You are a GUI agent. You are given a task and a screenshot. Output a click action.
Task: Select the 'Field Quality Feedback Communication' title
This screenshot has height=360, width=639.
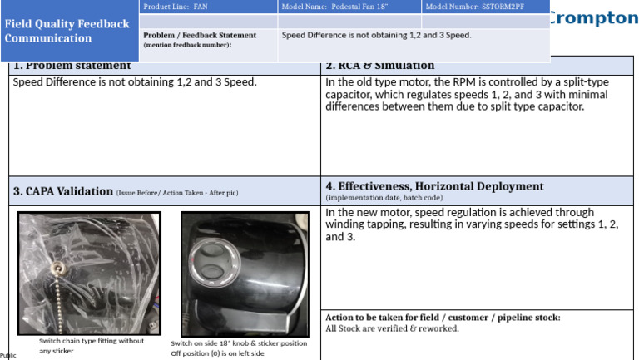click(67, 31)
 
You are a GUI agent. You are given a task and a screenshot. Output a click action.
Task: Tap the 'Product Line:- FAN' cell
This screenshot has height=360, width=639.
click(176, 7)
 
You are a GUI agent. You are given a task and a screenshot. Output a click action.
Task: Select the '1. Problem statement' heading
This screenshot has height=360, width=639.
click(72, 66)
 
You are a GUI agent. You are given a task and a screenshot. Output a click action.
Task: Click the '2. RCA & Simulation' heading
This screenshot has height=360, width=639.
click(380, 66)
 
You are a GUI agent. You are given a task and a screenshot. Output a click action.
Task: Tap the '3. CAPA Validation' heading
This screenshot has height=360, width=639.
click(62, 191)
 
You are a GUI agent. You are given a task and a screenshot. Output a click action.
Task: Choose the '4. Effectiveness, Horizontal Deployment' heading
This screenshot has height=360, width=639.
click(434, 186)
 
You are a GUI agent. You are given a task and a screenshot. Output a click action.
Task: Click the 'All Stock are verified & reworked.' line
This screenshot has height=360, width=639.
click(392, 328)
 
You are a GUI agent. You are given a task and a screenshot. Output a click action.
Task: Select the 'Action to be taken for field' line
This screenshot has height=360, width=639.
click(443, 318)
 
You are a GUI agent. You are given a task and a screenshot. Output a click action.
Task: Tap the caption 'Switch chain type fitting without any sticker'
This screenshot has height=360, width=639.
click(91, 346)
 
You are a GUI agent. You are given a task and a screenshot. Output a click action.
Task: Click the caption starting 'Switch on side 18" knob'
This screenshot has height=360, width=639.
click(239, 343)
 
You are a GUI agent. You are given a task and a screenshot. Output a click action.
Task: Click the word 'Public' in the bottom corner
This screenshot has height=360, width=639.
click(7, 355)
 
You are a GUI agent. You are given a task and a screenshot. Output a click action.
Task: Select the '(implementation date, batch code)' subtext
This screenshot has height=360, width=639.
click(384, 198)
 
